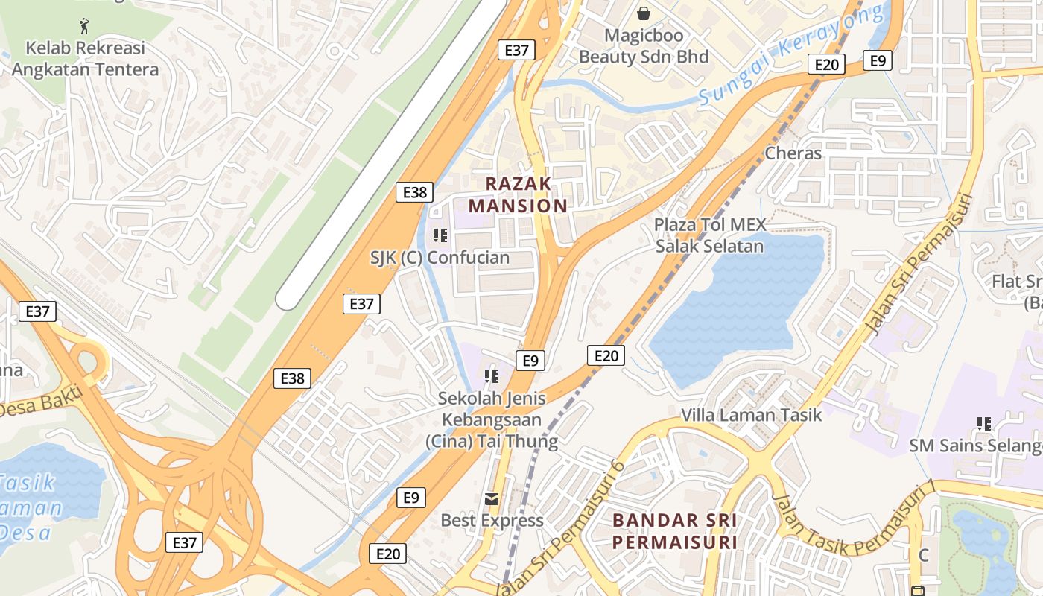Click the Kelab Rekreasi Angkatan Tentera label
point(85,59)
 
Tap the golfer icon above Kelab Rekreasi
point(84,26)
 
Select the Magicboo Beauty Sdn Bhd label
point(644,46)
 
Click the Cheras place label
point(793,153)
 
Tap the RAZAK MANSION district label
point(518,194)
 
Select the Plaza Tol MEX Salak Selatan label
point(709,235)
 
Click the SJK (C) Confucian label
point(440,259)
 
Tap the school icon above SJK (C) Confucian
point(440,235)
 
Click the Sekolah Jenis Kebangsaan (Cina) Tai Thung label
point(492,419)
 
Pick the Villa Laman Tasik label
point(752,415)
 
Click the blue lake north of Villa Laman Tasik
point(738,305)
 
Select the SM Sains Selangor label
point(974,446)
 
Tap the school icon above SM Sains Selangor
point(984,424)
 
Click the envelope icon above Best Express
point(492,498)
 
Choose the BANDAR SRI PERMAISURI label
point(675,530)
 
